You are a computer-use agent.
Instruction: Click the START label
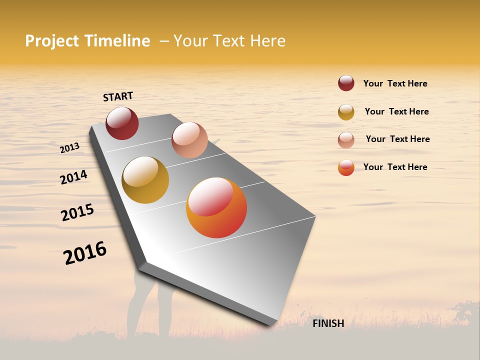tap(118, 96)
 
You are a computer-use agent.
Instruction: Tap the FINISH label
tap(328, 323)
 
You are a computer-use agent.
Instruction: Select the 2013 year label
tap(69, 147)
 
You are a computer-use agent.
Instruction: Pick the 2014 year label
tap(73, 177)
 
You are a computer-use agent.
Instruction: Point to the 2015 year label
tap(77, 212)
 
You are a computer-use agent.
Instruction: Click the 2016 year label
tap(85, 253)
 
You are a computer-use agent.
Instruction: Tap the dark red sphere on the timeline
tap(122, 123)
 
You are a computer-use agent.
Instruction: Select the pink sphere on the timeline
tap(189, 140)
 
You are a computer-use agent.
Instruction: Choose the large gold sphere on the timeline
tap(145, 180)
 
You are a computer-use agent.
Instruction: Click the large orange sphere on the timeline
tap(216, 207)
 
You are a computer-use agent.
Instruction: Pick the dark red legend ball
tap(346, 83)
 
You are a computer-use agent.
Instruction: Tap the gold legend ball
tap(346, 112)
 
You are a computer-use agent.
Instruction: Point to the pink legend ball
tap(346, 140)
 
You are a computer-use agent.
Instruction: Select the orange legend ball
tap(346, 167)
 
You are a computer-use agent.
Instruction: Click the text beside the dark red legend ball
tap(395, 83)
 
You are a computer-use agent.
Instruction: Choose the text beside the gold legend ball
tap(396, 111)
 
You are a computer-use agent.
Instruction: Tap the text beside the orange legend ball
tap(395, 167)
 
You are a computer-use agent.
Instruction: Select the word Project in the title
tap(52, 41)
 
